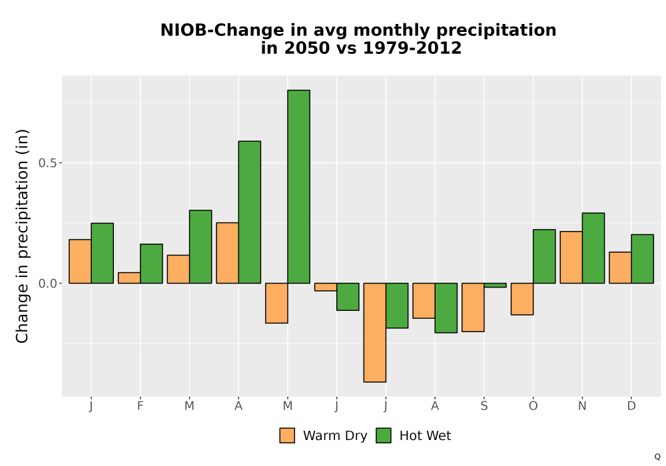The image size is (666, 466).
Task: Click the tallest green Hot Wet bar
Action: coord(298,186)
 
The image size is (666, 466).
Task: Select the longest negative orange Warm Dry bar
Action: coord(374,332)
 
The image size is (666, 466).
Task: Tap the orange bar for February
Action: coord(129,278)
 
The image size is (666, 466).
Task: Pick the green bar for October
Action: coord(544,256)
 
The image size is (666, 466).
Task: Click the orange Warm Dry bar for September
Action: coord(473,308)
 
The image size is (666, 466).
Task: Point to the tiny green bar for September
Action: coord(496,285)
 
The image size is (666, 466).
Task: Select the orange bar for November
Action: coord(571,257)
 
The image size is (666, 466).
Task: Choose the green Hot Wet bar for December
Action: coord(642,259)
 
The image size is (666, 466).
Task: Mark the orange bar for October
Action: coord(522,299)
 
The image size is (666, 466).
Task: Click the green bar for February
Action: coord(151,264)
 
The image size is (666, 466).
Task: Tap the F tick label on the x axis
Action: coord(140,406)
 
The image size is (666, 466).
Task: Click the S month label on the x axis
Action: coord(484,406)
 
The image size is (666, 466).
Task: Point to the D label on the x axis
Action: coord(631,406)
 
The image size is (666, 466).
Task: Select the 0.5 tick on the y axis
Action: coord(47,163)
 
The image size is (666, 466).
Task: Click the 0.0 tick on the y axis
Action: coord(47,283)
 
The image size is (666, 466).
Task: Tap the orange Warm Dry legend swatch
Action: coord(287,435)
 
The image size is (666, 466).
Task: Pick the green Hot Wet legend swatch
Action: coord(384,435)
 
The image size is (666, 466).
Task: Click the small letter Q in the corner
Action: coord(657,457)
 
